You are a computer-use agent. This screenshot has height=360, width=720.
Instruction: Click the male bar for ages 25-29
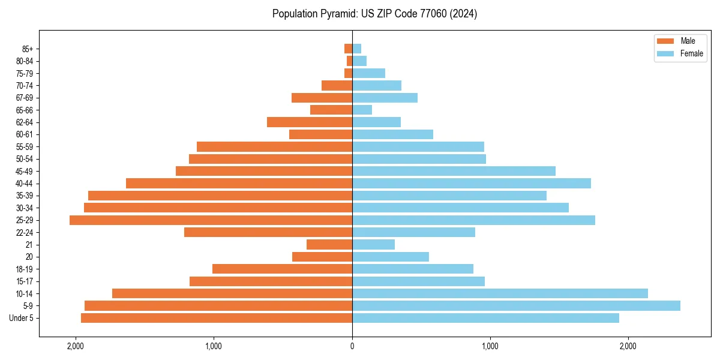(x=211, y=220)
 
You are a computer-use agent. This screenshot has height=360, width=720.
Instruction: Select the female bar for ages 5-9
(x=516, y=305)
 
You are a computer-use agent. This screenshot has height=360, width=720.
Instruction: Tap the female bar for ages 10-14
(x=500, y=293)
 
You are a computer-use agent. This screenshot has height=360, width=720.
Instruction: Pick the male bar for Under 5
(x=217, y=318)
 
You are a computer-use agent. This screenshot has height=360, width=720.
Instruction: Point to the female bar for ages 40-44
(x=472, y=184)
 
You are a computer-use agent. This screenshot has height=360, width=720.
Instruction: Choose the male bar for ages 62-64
(x=310, y=122)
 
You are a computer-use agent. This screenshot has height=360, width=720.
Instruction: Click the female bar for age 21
(x=373, y=245)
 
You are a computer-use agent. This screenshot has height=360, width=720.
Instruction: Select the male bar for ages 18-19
(x=282, y=269)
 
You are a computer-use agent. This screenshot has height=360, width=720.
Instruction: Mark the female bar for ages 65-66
(x=362, y=110)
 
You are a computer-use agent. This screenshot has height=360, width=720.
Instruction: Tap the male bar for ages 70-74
(x=337, y=86)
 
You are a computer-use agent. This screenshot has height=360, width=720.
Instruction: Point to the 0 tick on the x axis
(x=352, y=346)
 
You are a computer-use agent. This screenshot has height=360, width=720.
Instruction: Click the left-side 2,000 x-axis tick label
(x=76, y=346)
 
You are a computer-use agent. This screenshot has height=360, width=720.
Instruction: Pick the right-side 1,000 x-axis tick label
(x=490, y=346)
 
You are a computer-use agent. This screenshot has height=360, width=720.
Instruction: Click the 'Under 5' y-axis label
(x=21, y=318)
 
